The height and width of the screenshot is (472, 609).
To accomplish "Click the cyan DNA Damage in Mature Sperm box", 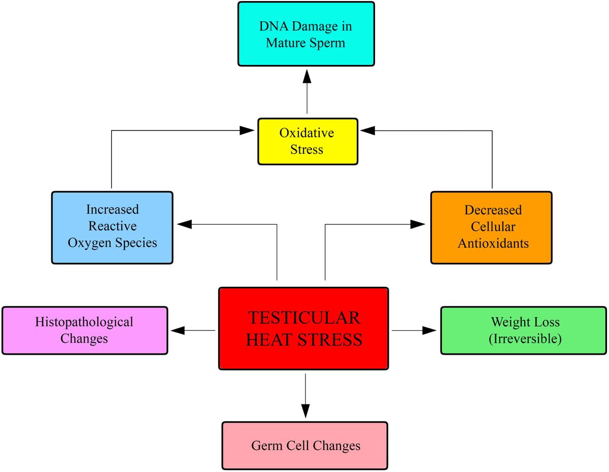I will (306, 34).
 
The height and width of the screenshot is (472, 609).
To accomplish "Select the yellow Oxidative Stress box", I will (308, 142).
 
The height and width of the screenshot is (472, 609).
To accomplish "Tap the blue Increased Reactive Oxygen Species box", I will (112, 227).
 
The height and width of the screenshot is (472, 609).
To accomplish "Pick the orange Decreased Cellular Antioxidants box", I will (491, 227).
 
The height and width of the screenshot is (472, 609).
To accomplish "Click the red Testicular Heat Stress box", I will (303, 328).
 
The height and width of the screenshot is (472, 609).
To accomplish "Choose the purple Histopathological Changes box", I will (85, 330).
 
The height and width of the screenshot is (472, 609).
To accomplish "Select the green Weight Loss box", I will (524, 330).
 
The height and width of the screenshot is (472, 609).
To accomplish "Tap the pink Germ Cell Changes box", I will (305, 446).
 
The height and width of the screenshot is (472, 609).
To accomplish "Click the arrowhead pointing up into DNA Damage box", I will (307, 76).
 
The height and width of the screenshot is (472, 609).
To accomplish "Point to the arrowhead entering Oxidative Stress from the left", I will (247, 130).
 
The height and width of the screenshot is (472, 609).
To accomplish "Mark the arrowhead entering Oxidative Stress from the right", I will (367, 130).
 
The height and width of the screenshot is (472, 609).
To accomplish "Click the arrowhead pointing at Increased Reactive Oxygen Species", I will (183, 224).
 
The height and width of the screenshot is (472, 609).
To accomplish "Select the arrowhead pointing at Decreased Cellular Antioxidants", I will (419, 224).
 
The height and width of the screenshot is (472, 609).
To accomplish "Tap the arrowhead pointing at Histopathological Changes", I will (178, 330).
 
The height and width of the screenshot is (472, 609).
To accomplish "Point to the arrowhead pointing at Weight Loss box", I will (430, 330).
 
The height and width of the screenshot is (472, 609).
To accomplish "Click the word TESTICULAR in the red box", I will (304, 318).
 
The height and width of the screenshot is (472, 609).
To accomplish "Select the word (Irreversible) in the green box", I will (525, 339).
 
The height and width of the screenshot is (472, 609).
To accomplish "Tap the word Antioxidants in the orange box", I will (493, 244).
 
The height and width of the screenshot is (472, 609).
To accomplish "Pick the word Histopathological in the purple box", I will (84, 322).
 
